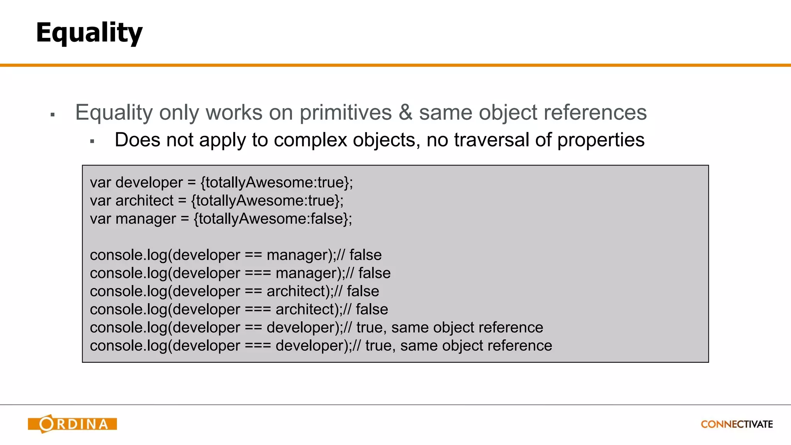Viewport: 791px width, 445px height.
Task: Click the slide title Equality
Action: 89,33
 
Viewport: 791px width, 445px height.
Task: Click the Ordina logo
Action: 72,424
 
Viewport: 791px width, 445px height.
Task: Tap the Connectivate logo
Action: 737,424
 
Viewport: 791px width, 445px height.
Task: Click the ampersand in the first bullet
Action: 406,112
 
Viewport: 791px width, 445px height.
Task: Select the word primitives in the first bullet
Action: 346,112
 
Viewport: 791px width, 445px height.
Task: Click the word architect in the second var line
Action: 144,200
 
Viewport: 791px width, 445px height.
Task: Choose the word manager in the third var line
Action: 146,219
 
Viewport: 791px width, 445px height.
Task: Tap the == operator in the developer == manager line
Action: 253,255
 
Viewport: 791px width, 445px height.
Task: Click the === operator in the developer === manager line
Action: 258,273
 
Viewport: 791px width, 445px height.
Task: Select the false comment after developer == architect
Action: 363,291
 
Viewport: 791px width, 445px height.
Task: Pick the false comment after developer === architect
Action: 372,309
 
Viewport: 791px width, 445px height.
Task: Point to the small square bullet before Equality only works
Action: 53,115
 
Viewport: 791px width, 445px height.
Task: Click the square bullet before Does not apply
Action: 92,142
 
